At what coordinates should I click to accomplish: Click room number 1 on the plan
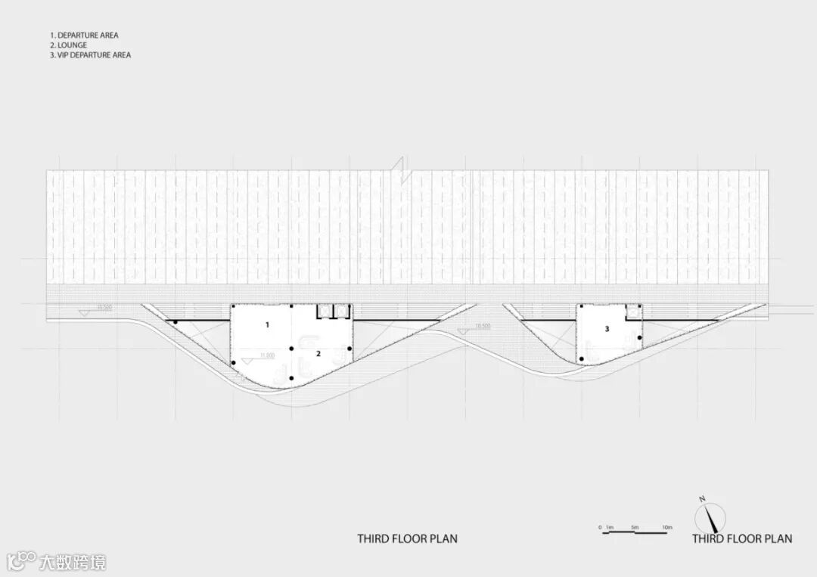coord(266,324)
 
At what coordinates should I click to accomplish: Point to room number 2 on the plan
coord(318,353)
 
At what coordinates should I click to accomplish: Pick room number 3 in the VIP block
coord(607,329)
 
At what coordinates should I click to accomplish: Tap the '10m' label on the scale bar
coord(666,527)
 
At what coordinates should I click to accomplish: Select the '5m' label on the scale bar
coord(635,527)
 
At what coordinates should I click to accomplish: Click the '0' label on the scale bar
coord(600,527)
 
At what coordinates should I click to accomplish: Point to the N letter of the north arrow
coord(702,499)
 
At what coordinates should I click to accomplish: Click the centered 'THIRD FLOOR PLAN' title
coord(407,539)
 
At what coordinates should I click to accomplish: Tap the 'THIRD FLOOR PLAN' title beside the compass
coord(741,539)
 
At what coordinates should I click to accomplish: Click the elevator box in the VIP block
coord(632,310)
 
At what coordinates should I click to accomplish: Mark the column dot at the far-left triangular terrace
coord(176,323)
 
